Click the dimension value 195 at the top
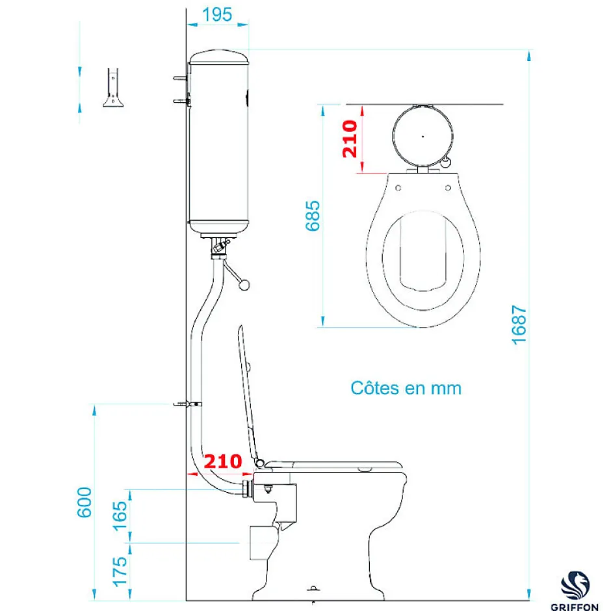point(217,15)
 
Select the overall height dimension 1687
point(519,325)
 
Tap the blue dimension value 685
point(313,216)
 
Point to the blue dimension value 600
point(84,502)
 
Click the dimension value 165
point(120,516)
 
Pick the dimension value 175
point(120,571)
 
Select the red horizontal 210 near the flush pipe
point(223,461)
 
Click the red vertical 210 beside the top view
point(350,138)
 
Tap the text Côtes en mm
point(406,388)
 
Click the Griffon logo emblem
point(575,586)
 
